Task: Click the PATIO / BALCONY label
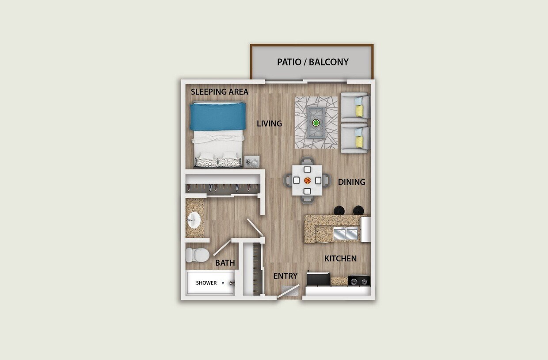[x=312, y=62]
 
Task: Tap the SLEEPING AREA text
[x=219, y=92]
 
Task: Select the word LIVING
[x=269, y=123]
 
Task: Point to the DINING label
[x=351, y=182]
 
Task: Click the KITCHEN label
[x=340, y=258]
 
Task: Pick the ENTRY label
[x=285, y=276]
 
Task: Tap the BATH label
[x=225, y=263]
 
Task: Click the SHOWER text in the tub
[x=206, y=283]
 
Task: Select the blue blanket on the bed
[x=217, y=116]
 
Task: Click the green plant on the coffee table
[x=316, y=123]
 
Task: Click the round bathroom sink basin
[x=193, y=218]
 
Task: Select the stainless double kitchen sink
[x=346, y=234]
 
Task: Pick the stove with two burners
[x=359, y=280]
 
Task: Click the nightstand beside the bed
[x=253, y=162]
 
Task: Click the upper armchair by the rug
[x=355, y=107]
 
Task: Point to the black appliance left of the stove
[x=318, y=279]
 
